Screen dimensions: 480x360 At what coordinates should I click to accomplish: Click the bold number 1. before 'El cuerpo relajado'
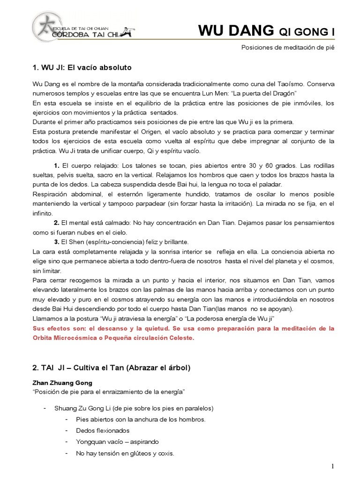(56, 166)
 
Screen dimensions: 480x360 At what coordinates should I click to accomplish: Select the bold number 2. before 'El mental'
(56, 222)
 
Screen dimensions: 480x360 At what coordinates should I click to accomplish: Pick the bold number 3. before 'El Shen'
(56, 242)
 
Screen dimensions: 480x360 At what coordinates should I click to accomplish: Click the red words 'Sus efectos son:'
(58, 328)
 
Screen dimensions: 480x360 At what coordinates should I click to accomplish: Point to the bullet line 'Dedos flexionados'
(102, 430)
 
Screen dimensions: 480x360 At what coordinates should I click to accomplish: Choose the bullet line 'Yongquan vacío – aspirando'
(117, 442)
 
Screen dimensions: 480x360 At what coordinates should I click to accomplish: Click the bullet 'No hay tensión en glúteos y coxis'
(125, 453)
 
